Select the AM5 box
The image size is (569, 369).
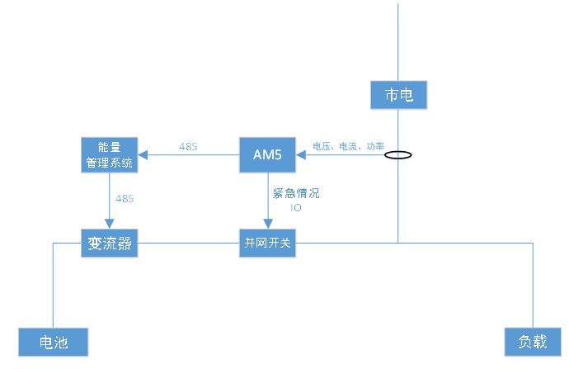coord(267,154)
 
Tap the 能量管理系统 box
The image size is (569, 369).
coord(110,154)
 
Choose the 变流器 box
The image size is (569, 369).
coord(110,244)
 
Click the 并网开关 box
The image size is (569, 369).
coord(267,244)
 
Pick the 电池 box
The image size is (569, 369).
coord(54,342)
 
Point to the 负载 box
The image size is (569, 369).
coord(533,342)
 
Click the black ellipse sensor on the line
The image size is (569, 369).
coord(399,154)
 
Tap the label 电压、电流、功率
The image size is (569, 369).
coord(348,146)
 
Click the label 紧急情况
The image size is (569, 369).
coord(295,194)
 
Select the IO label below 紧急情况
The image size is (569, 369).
coord(295,208)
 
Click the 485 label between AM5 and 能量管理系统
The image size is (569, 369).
coord(188,146)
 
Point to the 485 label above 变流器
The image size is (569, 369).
coord(125,199)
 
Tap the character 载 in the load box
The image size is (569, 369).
coord(541,342)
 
